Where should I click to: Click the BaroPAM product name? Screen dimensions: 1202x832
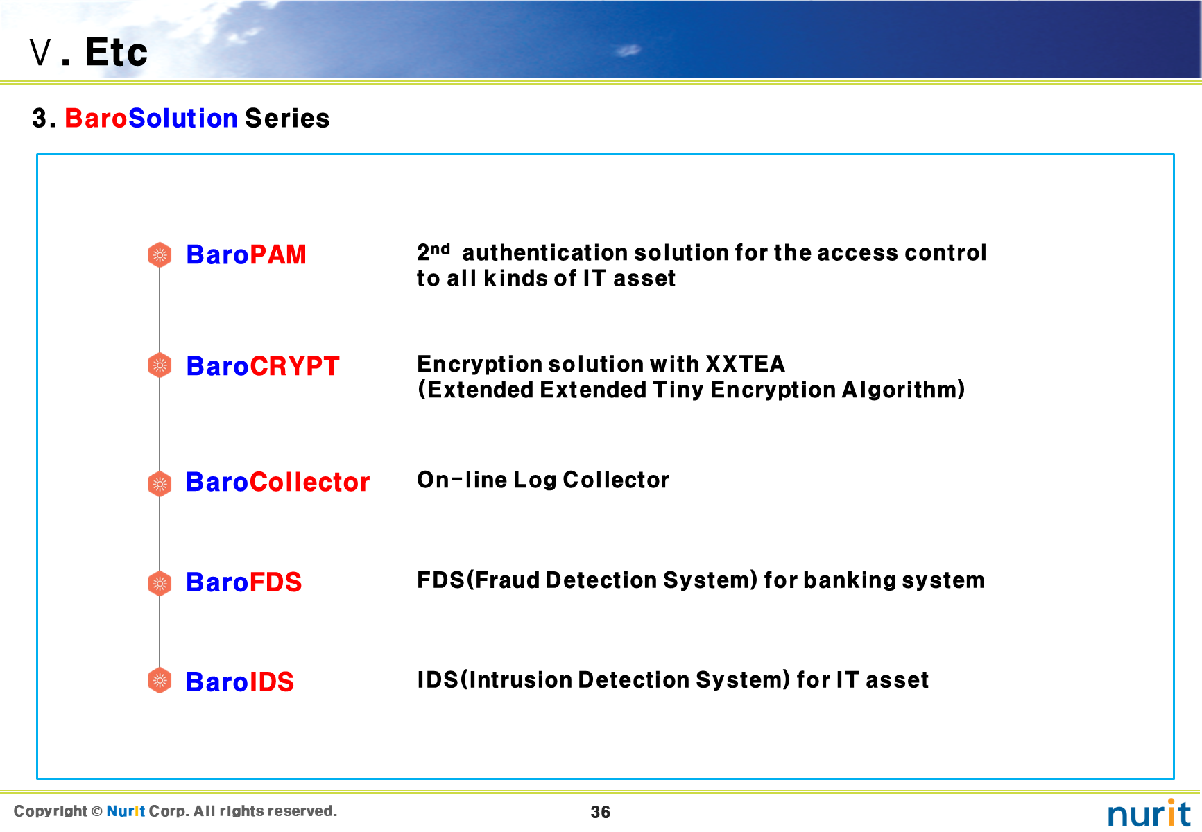point(246,254)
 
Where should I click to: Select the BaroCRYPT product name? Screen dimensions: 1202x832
point(263,366)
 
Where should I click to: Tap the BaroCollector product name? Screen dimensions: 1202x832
point(278,482)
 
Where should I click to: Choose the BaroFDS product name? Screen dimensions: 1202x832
point(244,582)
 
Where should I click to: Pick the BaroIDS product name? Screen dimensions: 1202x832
point(240,682)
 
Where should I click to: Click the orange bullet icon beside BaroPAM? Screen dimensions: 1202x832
point(160,255)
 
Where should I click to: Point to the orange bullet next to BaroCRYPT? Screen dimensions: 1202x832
point(160,365)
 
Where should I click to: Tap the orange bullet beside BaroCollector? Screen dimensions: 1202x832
point(160,483)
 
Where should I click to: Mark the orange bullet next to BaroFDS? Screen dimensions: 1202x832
point(160,584)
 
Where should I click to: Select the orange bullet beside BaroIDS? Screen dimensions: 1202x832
point(160,681)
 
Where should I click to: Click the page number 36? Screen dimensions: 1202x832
point(601,813)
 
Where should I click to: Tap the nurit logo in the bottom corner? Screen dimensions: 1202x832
point(1149,813)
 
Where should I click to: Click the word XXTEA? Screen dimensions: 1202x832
point(746,364)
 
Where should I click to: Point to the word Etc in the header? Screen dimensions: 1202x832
point(117,52)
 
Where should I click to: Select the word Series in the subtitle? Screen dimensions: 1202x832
point(287,119)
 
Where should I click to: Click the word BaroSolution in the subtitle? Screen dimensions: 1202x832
point(151,119)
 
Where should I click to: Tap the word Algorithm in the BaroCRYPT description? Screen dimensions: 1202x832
point(900,390)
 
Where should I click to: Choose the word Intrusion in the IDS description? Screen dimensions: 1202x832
point(520,680)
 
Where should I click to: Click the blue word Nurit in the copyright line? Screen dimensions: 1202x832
point(126,811)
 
